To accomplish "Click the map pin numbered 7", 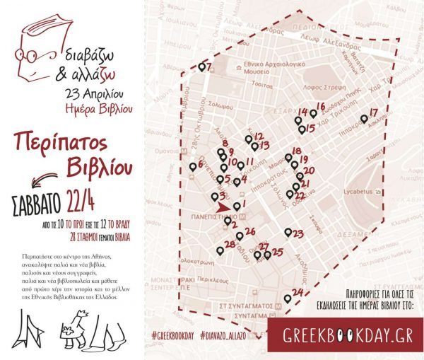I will tap(201, 69).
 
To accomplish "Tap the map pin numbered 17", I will tap(364, 119).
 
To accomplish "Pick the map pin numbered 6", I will tap(193, 167).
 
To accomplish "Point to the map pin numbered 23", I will tap(287, 232).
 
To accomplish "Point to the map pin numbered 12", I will tap(249, 139).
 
